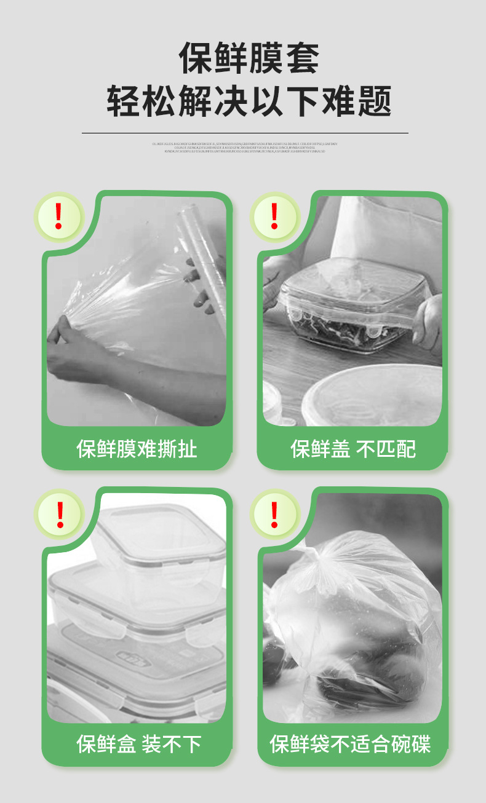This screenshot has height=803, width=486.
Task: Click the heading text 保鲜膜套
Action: coord(249,59)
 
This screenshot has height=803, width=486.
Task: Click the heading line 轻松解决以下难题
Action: coord(249,101)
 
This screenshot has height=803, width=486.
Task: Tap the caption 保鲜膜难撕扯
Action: coord(137,449)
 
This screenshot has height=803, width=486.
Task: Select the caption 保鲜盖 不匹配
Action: coord(353,449)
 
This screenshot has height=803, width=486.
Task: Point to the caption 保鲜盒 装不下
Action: coord(138,744)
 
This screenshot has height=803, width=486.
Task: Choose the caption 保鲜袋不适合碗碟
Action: coord(350,744)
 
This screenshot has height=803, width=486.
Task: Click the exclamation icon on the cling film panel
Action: coord(59,216)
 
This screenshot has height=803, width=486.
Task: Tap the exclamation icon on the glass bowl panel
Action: coord(274,216)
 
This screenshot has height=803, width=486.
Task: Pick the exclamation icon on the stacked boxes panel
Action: coord(60,515)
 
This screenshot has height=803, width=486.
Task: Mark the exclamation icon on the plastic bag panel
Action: coord(274,515)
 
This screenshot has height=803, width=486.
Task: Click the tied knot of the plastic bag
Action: coord(320,556)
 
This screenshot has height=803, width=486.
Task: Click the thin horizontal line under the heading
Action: coord(245,133)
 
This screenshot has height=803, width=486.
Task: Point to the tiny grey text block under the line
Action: coord(245,148)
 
